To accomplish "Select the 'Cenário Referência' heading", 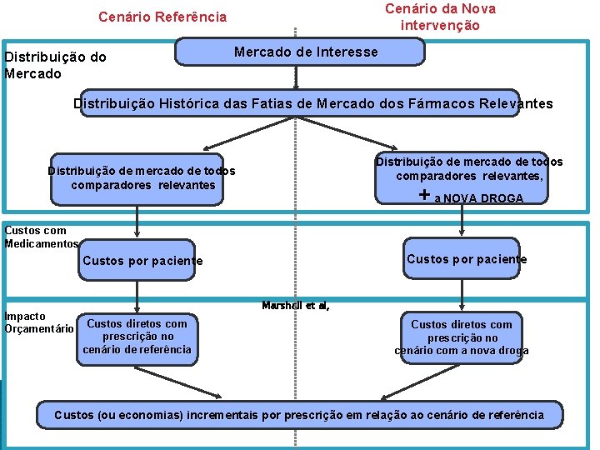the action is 162,17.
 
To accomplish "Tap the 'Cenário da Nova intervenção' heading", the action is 440,17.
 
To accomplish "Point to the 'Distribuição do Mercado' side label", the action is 55,65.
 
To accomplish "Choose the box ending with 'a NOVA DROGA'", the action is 462,179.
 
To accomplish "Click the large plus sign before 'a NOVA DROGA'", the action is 425,195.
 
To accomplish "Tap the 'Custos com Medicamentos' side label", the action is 41,237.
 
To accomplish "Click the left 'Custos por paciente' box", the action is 142,261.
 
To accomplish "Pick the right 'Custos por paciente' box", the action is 467,259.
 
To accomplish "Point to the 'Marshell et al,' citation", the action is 296,306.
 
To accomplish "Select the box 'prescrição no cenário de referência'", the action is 137,337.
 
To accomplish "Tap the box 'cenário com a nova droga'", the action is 462,337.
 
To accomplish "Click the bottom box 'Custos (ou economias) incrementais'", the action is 299,415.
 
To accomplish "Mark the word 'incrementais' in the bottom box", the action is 222,415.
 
